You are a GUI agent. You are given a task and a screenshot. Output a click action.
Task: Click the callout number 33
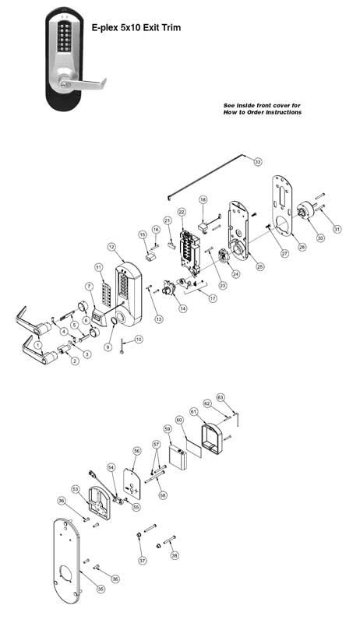(259, 161)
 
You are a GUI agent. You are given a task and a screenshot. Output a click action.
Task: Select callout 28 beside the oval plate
(301, 247)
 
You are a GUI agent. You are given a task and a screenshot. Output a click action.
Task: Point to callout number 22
(181, 212)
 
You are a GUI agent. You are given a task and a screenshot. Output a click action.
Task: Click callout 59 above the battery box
(167, 428)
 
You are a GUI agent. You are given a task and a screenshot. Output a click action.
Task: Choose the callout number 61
(193, 411)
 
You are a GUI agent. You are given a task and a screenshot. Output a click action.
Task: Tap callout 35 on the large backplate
(100, 590)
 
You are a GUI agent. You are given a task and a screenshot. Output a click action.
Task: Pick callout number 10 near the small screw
(139, 339)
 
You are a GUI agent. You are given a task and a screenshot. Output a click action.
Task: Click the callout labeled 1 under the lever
(37, 366)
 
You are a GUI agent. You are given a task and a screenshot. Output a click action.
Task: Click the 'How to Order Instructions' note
(262, 109)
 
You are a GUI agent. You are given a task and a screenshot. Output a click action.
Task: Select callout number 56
(137, 451)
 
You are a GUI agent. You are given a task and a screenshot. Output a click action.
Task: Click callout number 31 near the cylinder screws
(337, 228)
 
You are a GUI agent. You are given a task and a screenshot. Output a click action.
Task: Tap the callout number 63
(221, 397)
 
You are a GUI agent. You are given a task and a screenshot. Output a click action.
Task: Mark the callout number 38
(175, 555)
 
